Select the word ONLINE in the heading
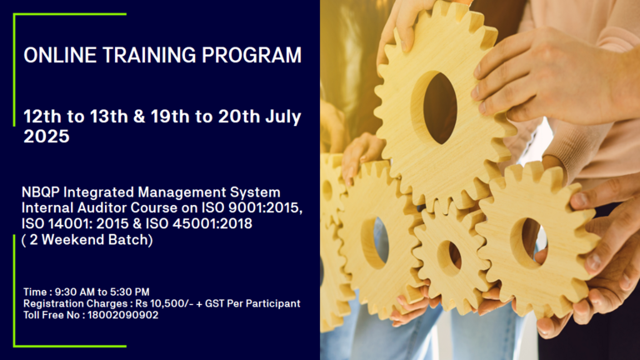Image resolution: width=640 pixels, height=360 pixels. [60, 55]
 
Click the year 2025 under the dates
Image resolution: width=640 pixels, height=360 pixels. [47, 137]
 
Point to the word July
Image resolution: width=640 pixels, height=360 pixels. [283, 117]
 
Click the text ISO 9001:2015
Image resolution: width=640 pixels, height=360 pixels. [252, 207]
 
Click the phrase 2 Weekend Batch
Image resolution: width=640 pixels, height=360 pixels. [88, 240]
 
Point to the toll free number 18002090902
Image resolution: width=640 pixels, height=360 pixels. [122, 315]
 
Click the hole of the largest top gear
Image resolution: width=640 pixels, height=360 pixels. [440, 108]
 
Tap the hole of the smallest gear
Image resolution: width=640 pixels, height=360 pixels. [454, 257]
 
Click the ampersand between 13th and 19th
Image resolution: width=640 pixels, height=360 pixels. [139, 117]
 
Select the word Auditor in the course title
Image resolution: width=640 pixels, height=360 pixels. [102, 207]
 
